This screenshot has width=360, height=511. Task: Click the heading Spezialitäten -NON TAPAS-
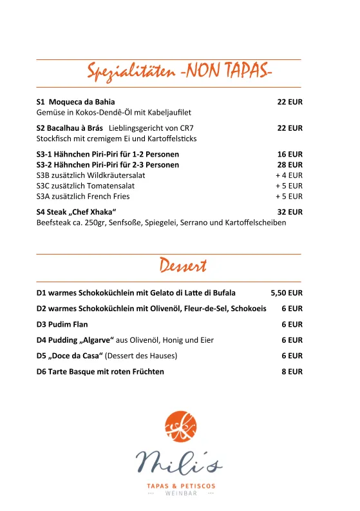[x=180, y=73]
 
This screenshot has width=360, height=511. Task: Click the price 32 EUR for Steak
[x=290, y=212]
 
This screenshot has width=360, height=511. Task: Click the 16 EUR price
[x=290, y=155]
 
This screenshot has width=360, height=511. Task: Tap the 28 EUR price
[x=290, y=165]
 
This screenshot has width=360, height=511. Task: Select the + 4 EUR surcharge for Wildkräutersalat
[x=289, y=175]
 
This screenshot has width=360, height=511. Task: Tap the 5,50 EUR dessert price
[x=287, y=293]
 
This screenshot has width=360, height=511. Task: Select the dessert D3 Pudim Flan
[x=62, y=324]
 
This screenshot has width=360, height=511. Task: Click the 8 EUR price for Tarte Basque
[x=292, y=372]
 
